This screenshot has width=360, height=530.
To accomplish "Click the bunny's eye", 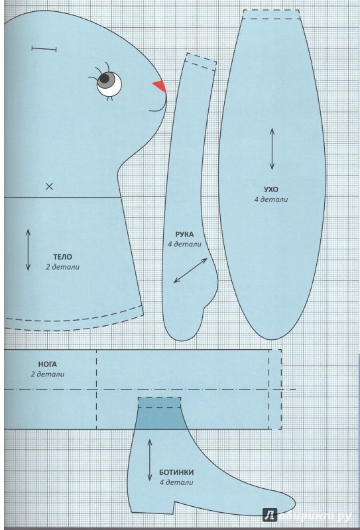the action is (109, 83).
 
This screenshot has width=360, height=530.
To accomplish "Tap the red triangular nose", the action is (160, 86).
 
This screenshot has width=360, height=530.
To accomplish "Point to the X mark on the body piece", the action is (50, 186).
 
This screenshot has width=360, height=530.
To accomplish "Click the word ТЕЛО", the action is (62, 257).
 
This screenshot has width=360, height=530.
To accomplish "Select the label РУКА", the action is (184, 235).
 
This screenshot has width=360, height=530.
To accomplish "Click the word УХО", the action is (271, 189).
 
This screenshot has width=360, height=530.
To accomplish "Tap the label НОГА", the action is (47, 365).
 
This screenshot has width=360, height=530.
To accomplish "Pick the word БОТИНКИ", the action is (176, 472).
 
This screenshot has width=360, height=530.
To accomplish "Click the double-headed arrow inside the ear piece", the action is (272, 148).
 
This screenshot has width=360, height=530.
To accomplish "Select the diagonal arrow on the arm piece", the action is (190, 270).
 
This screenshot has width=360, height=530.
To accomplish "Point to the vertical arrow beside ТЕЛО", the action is (28, 250).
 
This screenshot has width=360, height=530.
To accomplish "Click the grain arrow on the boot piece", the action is (150, 460).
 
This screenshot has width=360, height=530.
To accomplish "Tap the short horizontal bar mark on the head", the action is (44, 49).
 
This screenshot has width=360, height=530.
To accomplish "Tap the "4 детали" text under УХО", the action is (271, 199).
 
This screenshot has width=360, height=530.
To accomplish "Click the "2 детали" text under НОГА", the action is (47, 374).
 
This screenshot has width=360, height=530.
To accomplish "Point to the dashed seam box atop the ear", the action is (271, 14).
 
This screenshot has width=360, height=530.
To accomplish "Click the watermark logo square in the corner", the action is (270, 515).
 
